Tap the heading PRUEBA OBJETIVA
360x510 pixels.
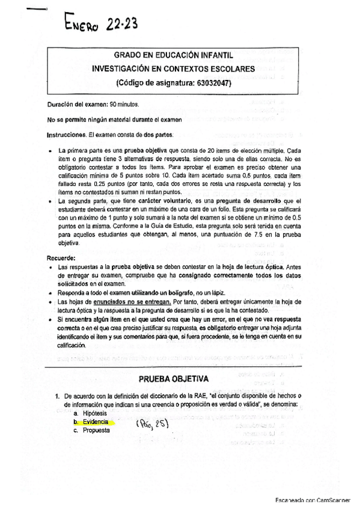(174, 379)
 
